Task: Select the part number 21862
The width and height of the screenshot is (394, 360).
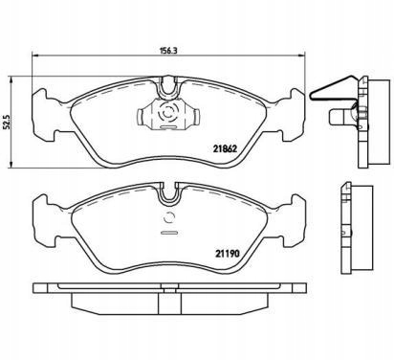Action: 224,146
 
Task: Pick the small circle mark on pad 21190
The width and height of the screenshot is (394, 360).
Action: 167,216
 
